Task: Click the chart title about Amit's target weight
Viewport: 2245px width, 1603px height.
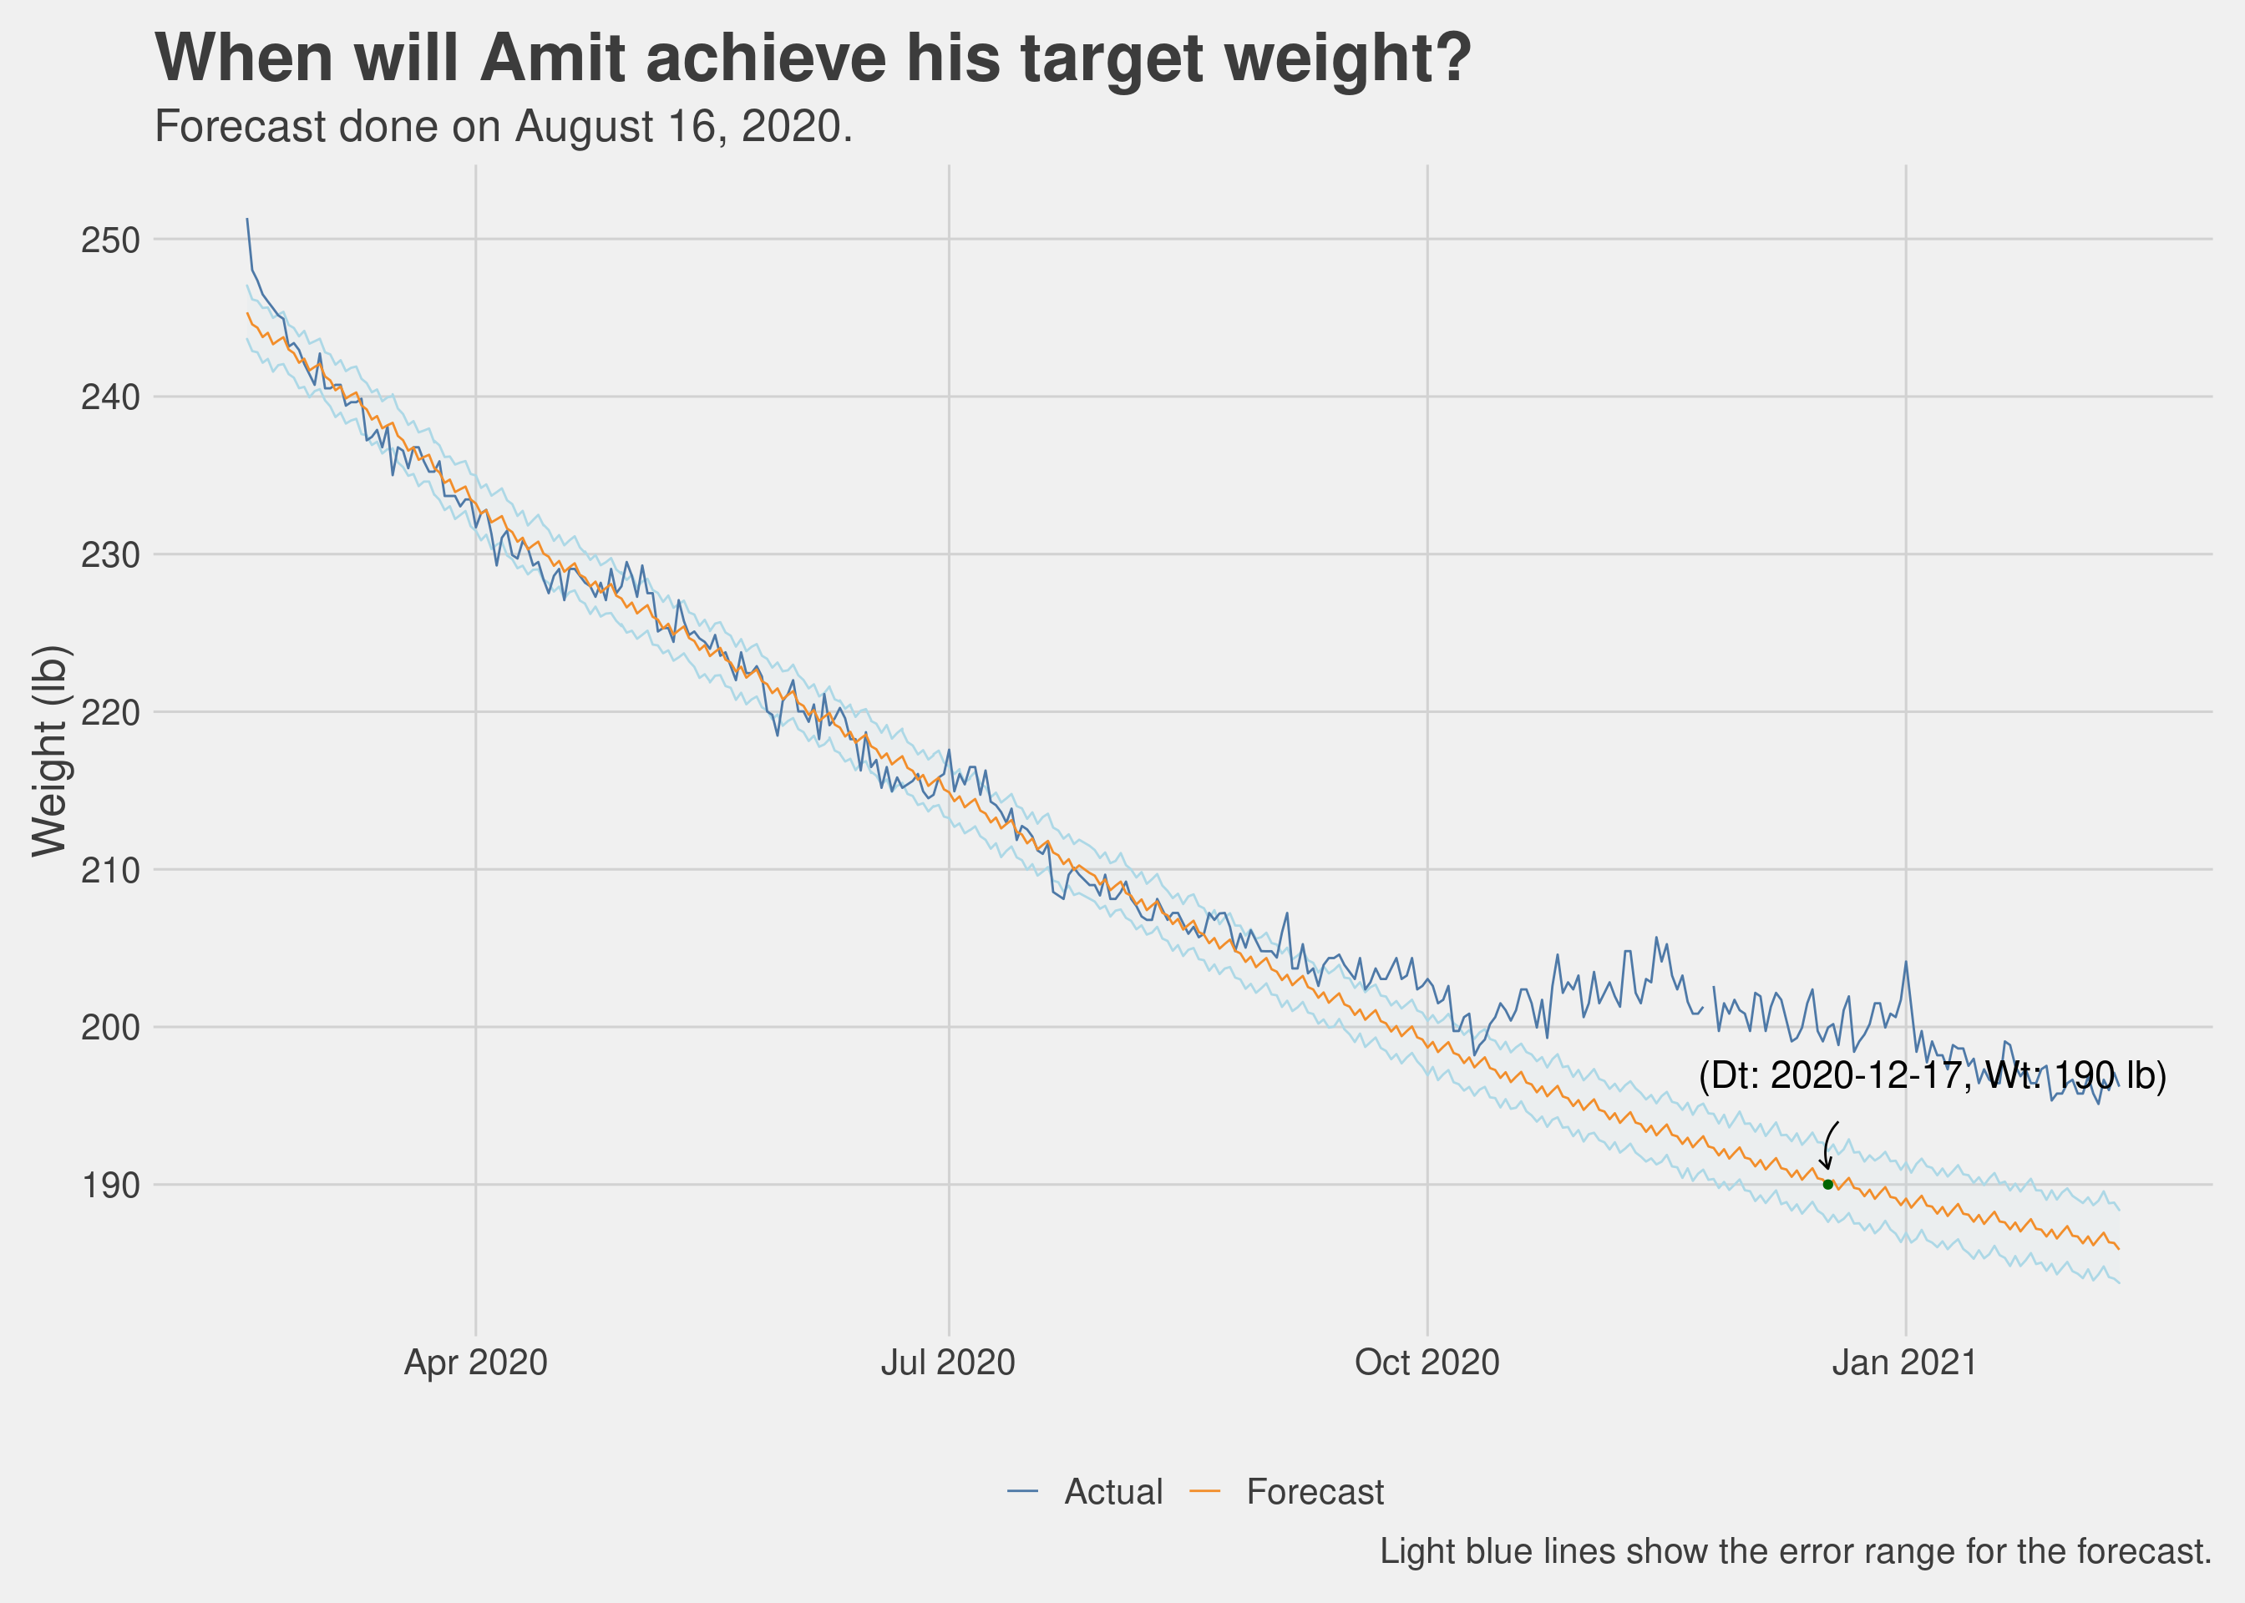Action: tap(813, 59)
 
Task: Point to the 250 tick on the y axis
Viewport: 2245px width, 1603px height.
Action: tap(110, 240)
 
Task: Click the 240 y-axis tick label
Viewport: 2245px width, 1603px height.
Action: tap(110, 397)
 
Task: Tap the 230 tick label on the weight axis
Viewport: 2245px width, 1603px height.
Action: tap(110, 554)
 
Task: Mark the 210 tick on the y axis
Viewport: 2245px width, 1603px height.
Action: tap(110, 871)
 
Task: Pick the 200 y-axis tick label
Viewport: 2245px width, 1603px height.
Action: tap(110, 1028)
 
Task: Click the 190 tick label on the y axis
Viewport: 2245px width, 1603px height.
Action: tap(110, 1186)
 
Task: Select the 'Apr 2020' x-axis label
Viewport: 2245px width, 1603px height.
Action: tap(476, 1363)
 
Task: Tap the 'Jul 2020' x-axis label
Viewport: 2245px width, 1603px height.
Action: tap(948, 1363)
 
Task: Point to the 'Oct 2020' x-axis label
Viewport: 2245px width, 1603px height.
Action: tap(1427, 1363)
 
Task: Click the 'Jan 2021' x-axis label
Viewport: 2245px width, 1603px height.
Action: tap(1904, 1363)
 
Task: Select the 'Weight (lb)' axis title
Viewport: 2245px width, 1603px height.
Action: tap(49, 751)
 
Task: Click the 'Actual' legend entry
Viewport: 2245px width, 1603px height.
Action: tap(1085, 1491)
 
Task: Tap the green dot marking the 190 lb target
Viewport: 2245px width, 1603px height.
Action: tap(1827, 1185)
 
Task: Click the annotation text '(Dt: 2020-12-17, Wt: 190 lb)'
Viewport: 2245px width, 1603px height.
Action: tap(1932, 1075)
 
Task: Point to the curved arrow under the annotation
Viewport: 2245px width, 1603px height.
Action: tap(1827, 1145)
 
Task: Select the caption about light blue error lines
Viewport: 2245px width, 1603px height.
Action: tap(1795, 1552)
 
